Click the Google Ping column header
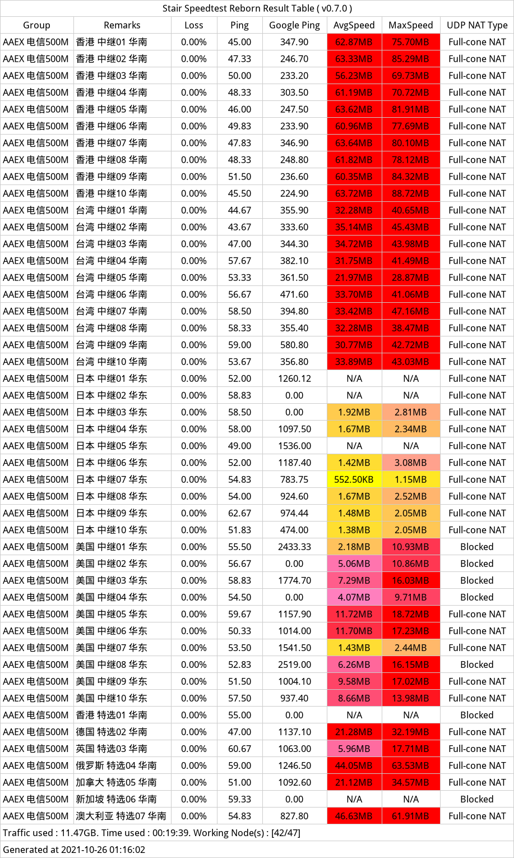point(294,25)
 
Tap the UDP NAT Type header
point(477,25)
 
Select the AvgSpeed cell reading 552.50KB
point(354,479)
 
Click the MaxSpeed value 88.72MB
point(411,193)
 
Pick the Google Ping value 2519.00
point(294,665)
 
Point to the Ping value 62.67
point(239,513)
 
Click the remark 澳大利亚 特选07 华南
point(121,816)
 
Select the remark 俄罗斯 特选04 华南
point(117,765)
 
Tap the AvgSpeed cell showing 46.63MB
point(354,816)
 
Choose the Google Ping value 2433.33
point(294,547)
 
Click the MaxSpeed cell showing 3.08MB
point(411,463)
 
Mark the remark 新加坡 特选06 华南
point(117,799)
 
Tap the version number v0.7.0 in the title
point(336,8)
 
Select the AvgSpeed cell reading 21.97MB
point(354,278)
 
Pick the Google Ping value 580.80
point(294,345)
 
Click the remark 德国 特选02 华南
point(112,732)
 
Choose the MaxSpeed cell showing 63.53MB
point(411,765)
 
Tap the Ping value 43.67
point(239,227)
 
